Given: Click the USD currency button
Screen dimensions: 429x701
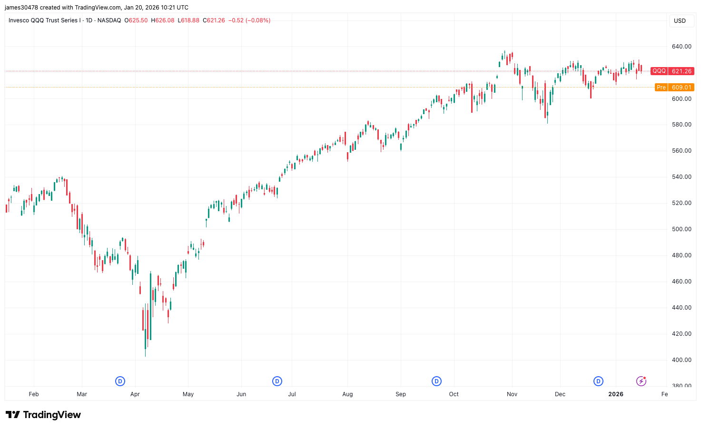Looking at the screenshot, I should pos(680,21).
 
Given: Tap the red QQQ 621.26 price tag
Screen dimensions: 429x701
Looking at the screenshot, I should pos(672,71).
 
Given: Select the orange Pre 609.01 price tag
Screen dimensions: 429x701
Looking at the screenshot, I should pos(674,88).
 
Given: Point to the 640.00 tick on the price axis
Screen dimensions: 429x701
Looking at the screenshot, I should pos(681,47).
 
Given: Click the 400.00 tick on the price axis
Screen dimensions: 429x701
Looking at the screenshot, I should pos(681,360).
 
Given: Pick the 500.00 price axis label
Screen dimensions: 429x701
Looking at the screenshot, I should pos(681,229).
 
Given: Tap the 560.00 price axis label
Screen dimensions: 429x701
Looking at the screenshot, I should pos(681,151).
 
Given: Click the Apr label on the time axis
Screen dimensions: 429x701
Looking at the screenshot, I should pos(135,394).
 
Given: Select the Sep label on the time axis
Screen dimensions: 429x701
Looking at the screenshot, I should pos(401,394).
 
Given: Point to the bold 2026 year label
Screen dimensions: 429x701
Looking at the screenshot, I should pos(616,394).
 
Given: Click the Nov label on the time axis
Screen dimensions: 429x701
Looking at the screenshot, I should pos(512,394).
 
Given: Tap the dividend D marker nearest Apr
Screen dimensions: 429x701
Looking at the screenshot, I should pos(120,381).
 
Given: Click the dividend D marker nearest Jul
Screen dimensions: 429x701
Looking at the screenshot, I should pos(277,381).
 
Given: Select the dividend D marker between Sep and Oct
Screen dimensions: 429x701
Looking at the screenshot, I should pos(436,381).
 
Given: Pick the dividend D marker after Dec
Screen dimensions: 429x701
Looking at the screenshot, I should pos(598,381).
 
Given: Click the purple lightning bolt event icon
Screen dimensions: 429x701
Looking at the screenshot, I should pos(641,381).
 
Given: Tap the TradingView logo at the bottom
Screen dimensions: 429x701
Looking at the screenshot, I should pos(43,415).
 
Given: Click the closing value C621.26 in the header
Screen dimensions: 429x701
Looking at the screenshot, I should pos(214,20).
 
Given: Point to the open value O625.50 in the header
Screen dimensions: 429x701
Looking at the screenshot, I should pos(136,20).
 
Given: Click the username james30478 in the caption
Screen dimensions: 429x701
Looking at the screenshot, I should pos(21,8).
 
